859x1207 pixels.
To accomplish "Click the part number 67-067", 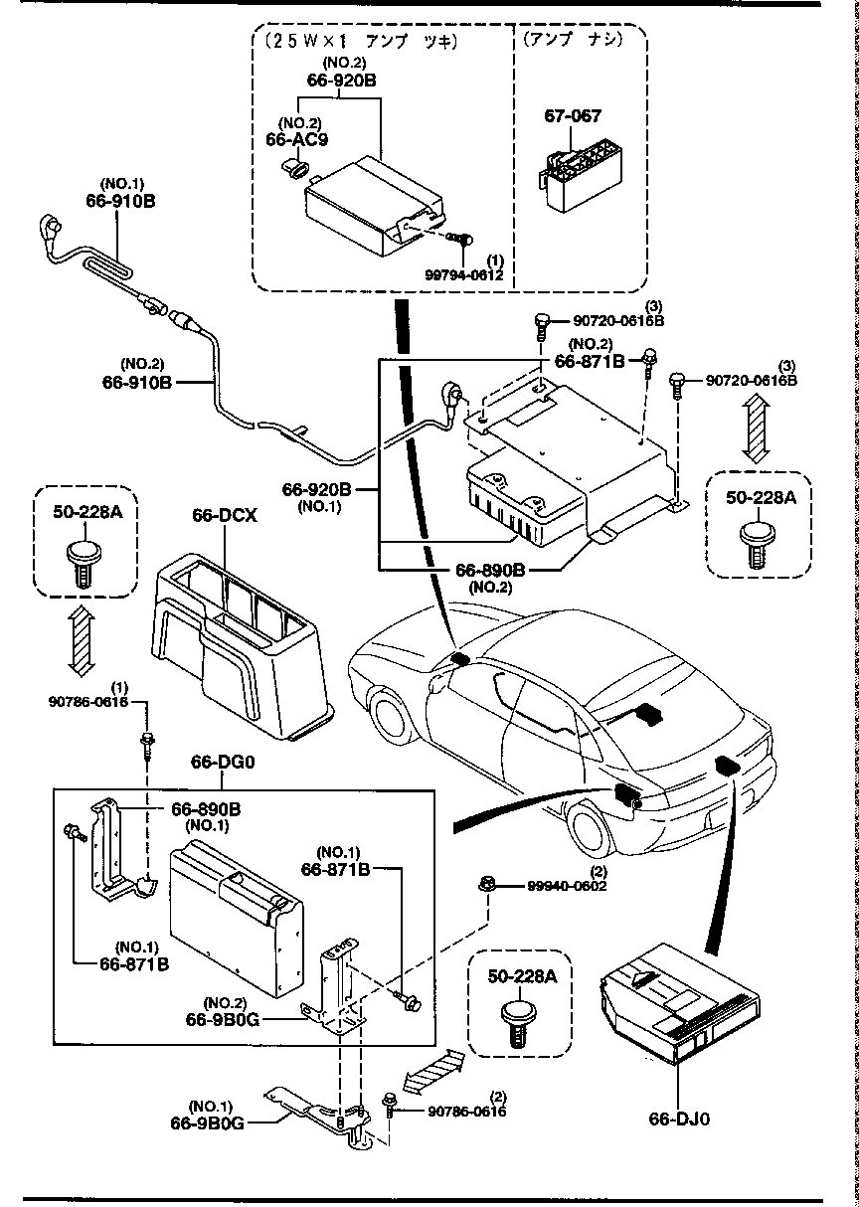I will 572,116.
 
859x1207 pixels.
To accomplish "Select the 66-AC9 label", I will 297,139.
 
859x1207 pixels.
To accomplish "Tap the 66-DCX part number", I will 225,516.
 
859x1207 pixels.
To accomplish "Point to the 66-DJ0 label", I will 679,1119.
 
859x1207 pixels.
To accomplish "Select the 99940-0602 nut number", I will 561,885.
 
